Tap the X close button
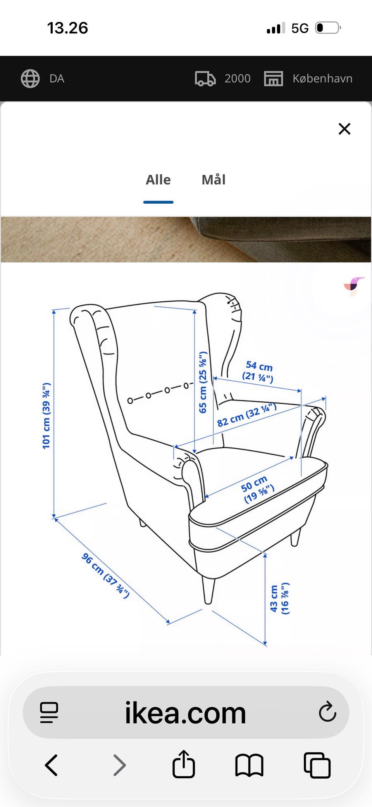click(344, 129)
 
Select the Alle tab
click(158, 180)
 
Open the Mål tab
click(214, 180)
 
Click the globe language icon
click(30, 79)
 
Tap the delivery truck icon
click(205, 79)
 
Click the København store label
click(322, 79)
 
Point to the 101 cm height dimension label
click(46, 416)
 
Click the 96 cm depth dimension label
click(105, 576)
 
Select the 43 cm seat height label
click(279, 598)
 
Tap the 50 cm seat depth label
click(257, 489)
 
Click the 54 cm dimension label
click(258, 371)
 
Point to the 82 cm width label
click(246, 415)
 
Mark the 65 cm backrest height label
click(203, 382)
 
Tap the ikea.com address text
click(185, 713)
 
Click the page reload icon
click(327, 712)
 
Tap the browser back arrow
click(52, 765)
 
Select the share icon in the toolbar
click(184, 764)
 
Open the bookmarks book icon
click(249, 766)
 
